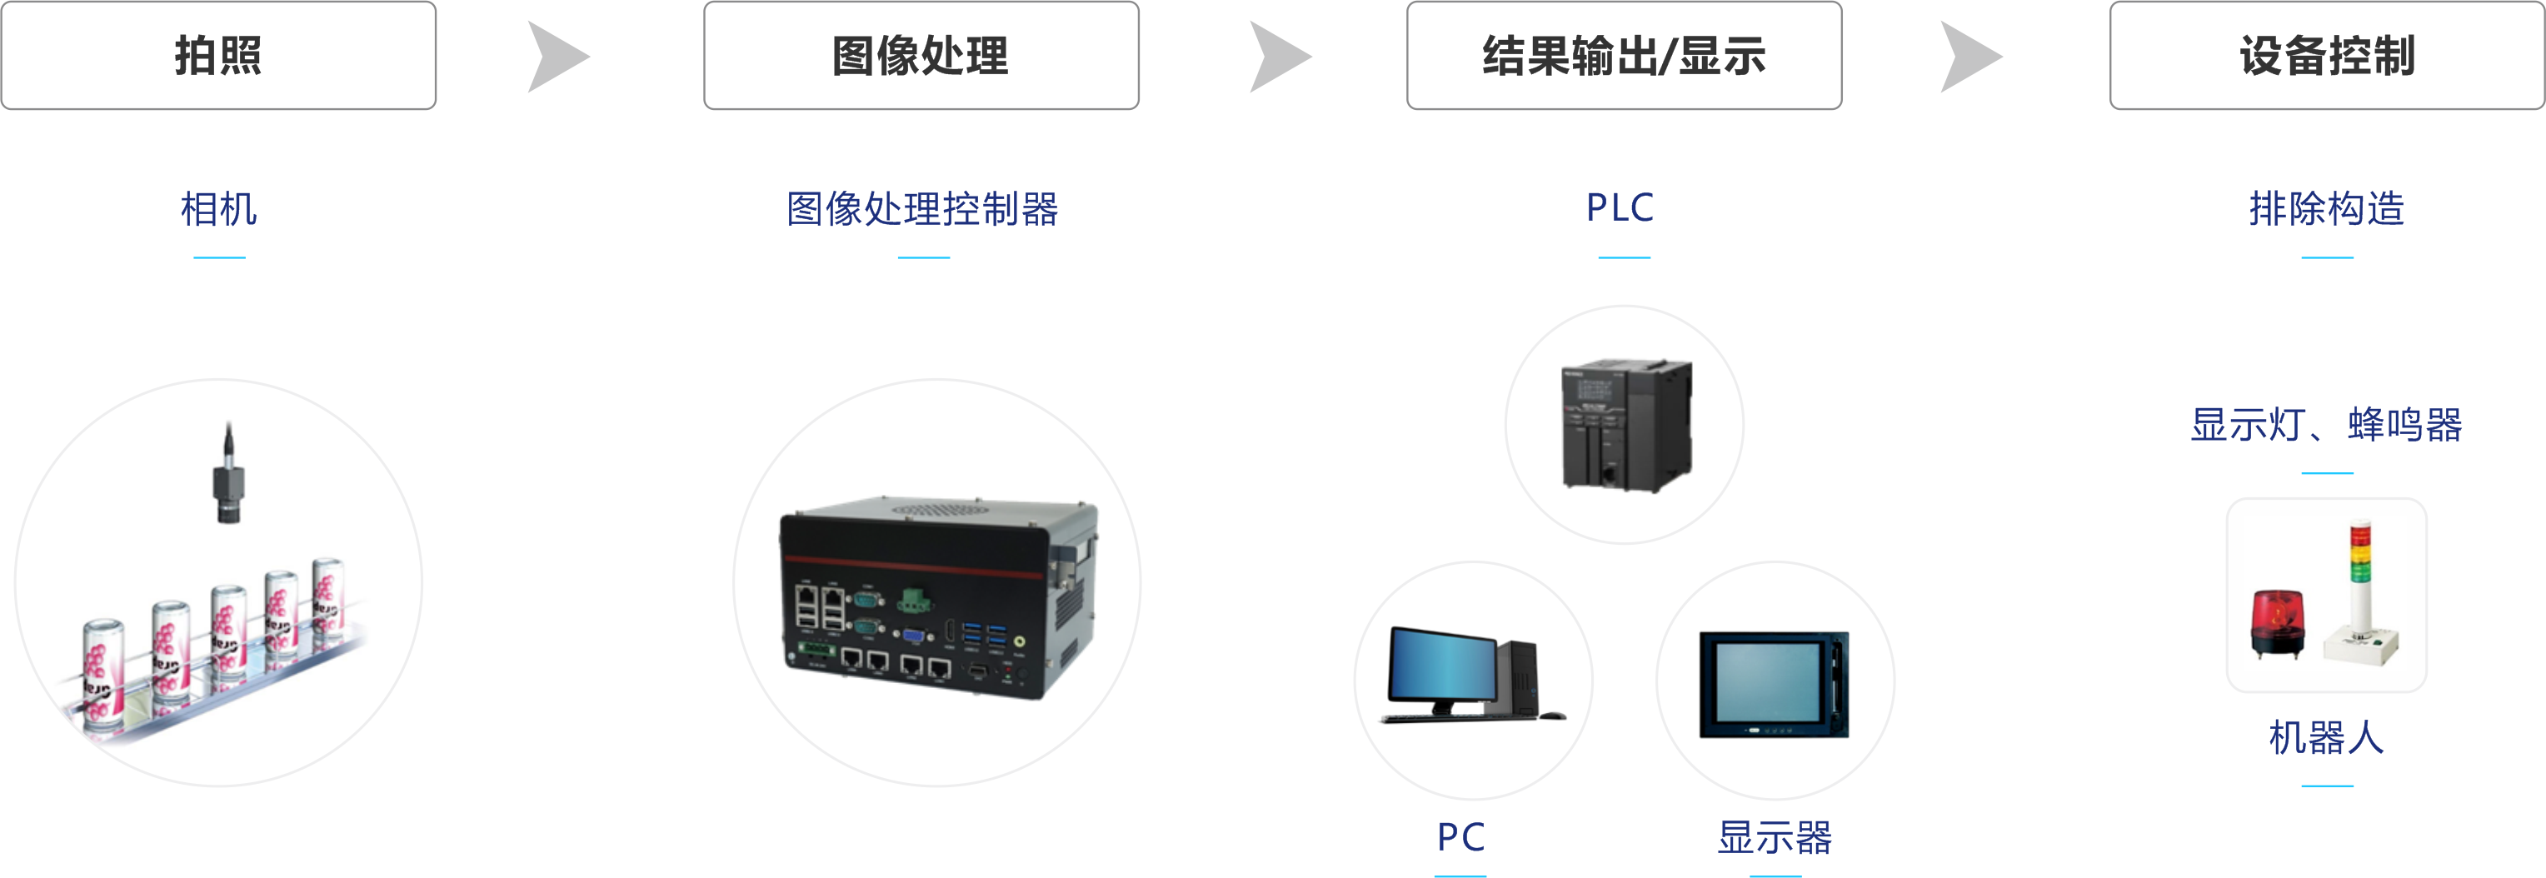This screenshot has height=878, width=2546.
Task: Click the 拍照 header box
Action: tap(218, 55)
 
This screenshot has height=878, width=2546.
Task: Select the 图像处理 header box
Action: tap(921, 55)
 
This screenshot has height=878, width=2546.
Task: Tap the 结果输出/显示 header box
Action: tap(1624, 55)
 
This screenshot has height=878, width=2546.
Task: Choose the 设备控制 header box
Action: tap(2327, 55)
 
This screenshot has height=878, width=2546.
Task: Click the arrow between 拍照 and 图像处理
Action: tap(556, 57)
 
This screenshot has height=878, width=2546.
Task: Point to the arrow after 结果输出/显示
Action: tap(1969, 57)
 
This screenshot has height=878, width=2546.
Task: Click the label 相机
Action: tap(218, 208)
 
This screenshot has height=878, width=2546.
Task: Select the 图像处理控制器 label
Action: tap(922, 208)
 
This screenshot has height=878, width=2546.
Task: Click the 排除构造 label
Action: tap(2327, 208)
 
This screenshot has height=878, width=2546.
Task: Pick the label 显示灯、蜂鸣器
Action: tap(2327, 424)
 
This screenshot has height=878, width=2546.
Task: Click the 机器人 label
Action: tap(2327, 737)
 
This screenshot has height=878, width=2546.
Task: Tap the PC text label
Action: tap(1460, 837)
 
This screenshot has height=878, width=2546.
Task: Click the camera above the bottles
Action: tap(228, 472)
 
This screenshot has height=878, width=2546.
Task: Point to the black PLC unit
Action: tap(1626, 425)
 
